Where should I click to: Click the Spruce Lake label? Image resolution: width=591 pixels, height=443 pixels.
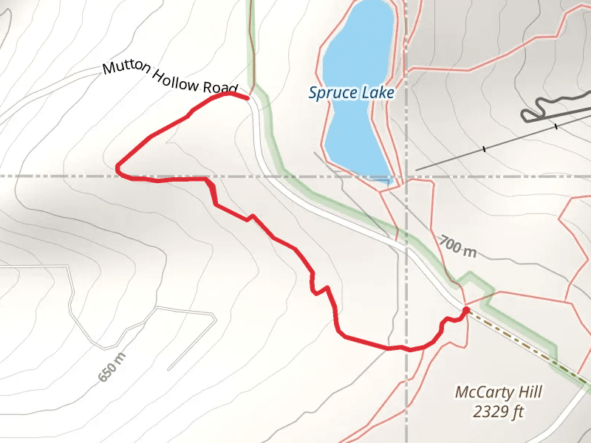tap(352, 93)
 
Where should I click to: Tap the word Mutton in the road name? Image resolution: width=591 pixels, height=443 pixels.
tap(126, 69)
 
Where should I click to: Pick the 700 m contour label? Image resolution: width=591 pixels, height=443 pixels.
tap(458, 246)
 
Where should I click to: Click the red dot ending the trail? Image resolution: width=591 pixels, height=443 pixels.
tap(466, 311)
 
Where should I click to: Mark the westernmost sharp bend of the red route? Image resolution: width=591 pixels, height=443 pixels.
tap(117, 169)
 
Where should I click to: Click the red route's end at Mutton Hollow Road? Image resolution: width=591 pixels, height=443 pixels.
tap(246, 97)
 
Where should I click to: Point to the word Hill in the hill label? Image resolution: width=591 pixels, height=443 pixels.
tap(511, 392)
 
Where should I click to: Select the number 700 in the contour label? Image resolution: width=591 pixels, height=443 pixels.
tap(451, 243)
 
